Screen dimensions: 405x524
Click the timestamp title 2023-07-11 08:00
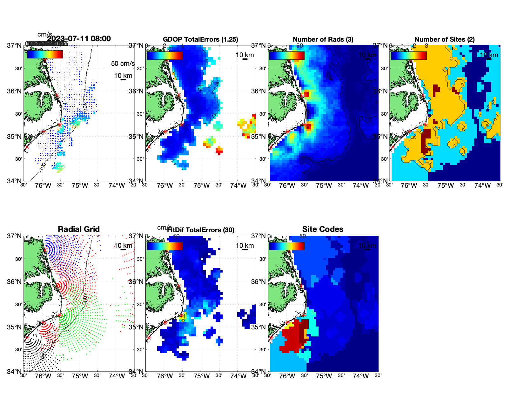pos(79,39)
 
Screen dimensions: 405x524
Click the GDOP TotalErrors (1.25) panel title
pos(200,39)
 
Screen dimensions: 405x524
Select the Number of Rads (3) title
pos(323,39)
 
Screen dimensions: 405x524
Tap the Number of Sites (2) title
pos(444,39)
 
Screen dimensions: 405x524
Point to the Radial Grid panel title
pos(79,229)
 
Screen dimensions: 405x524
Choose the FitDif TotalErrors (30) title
pos(201,230)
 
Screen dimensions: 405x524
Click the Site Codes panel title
pos(323,229)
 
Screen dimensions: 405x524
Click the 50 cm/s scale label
pos(123,64)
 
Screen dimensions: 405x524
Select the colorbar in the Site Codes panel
pos(286,246)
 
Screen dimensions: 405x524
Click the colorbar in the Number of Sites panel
pos(409,55)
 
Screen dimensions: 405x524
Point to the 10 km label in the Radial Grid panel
pos(123,246)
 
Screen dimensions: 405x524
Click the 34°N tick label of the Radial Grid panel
pos(14,371)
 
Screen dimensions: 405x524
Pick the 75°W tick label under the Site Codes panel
pos(324,376)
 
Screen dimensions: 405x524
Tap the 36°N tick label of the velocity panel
pos(14,91)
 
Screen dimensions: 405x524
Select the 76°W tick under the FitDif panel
pos(165,376)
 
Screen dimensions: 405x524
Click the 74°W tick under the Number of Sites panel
pos(482,186)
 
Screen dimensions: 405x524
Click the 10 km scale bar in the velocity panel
pos(123,80)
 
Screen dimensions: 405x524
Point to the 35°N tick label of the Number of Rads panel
pos(259,137)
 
